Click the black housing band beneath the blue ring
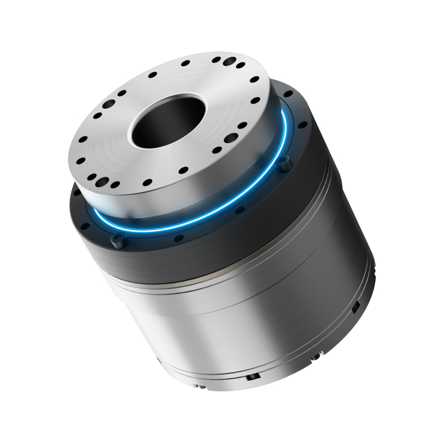(x=202, y=257)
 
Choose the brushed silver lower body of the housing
(x=245, y=324)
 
